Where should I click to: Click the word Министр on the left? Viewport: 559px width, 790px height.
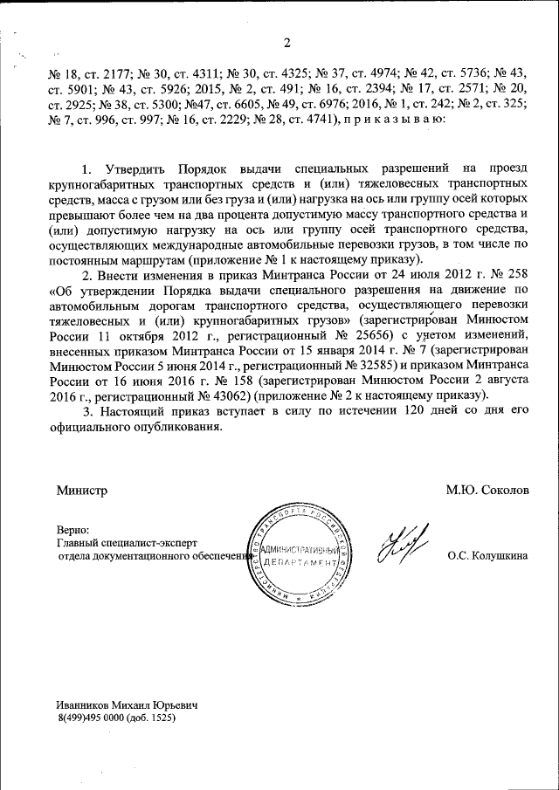tap(82, 491)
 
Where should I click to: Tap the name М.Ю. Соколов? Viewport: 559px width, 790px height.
tap(487, 491)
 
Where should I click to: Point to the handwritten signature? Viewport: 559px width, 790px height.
tap(403, 551)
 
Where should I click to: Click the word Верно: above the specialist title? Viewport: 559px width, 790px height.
tap(72, 529)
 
